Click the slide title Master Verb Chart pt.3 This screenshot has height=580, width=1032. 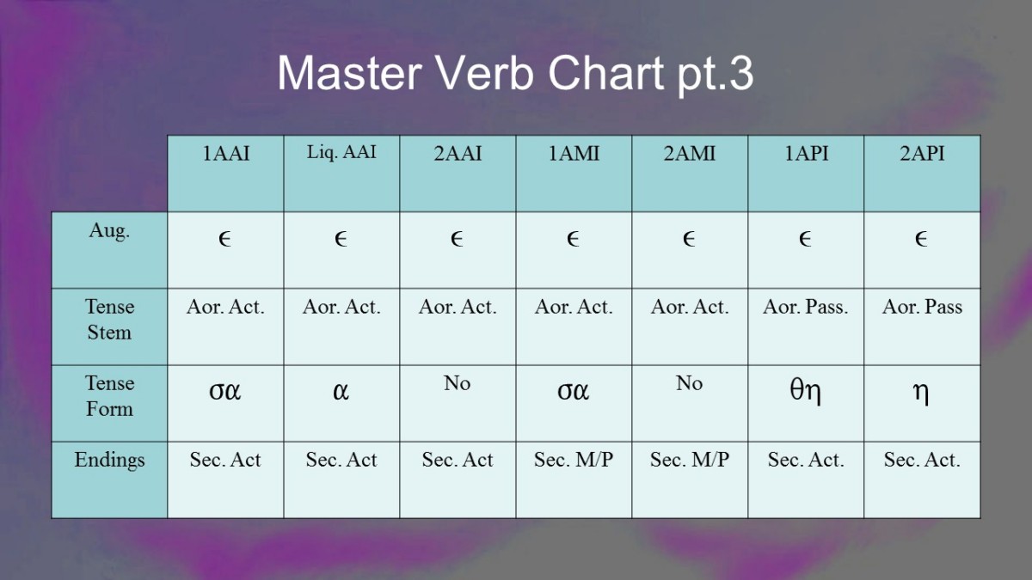(x=515, y=75)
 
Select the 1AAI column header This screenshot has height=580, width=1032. (x=225, y=153)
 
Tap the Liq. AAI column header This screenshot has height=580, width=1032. (x=341, y=152)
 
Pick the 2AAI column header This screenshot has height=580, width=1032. (x=458, y=153)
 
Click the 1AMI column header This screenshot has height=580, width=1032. (x=574, y=153)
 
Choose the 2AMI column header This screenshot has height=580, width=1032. (x=690, y=153)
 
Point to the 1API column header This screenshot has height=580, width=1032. (x=806, y=153)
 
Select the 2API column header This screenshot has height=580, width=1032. (x=922, y=153)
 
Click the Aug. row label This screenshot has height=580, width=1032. (x=109, y=230)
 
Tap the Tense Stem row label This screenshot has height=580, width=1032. (x=109, y=320)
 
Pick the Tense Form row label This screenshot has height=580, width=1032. (x=109, y=396)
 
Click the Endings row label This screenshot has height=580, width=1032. (x=109, y=461)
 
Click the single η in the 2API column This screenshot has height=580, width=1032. (x=921, y=394)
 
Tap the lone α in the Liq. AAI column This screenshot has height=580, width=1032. (x=341, y=391)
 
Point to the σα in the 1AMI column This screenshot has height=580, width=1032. (x=573, y=391)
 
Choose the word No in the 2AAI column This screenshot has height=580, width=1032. (x=457, y=383)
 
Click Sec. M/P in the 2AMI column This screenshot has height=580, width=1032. (x=689, y=460)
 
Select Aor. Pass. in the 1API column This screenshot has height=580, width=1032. (x=805, y=307)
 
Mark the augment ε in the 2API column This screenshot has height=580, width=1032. (x=921, y=239)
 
